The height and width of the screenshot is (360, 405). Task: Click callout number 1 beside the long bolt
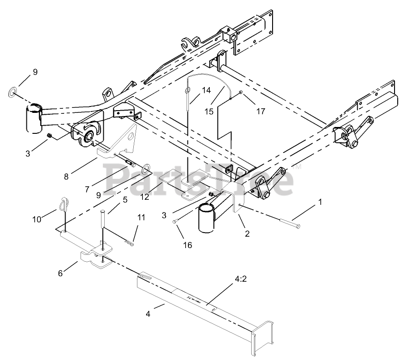coord(320,202)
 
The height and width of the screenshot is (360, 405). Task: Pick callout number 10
coord(37,219)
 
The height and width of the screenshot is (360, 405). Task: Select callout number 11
coord(142,218)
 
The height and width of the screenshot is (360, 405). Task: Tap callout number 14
coord(207,90)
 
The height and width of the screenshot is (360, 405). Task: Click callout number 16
coord(187,245)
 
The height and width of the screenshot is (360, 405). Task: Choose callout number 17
coord(260,110)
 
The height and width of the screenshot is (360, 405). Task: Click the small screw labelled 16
coord(175,222)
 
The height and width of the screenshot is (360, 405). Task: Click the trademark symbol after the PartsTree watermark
coord(299,167)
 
